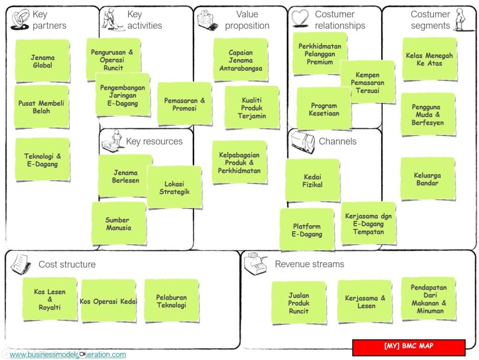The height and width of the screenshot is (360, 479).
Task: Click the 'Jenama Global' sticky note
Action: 43,61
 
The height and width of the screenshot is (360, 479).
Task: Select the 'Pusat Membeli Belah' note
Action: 42,107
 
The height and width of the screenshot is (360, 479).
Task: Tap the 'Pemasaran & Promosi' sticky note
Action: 184,104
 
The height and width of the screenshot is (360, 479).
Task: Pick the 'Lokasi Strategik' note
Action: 174,187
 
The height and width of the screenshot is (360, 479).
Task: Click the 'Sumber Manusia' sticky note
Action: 119,223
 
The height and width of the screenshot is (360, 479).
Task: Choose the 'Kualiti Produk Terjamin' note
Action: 252,108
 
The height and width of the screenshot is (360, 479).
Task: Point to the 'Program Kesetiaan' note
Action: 324,109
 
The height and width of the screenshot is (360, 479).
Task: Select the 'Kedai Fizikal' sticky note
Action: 313,180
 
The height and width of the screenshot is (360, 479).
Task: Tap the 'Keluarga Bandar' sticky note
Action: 428,179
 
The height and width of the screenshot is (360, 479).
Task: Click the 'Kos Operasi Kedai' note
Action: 109,301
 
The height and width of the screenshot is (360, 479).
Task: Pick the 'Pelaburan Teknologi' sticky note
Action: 172,301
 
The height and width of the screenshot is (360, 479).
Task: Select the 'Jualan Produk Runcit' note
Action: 299,303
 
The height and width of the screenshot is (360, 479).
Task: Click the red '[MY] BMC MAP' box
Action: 409,347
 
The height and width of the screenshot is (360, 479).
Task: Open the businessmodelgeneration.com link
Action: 68,354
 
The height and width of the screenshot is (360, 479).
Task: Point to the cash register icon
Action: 255,263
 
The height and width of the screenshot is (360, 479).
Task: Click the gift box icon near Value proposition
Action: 207,20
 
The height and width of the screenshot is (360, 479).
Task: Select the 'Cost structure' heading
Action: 67,264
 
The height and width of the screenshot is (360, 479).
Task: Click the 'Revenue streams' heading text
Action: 310,264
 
